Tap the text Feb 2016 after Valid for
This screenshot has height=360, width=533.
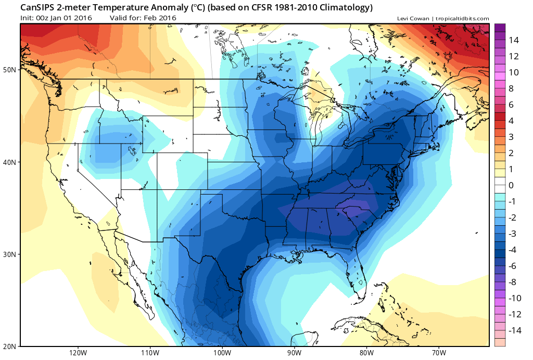click(159, 18)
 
